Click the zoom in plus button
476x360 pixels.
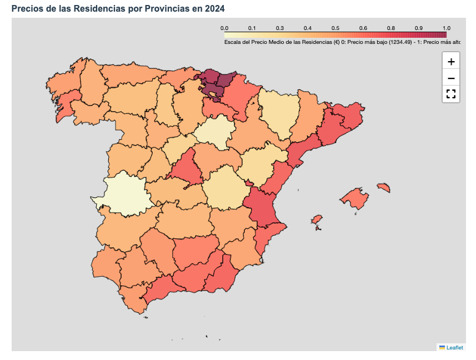451,61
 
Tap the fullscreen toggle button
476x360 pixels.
451,94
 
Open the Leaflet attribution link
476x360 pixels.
454,347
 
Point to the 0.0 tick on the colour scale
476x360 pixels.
224,28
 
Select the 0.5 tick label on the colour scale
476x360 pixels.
335,28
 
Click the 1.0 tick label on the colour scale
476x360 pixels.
446,28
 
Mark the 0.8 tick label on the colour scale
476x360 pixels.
391,28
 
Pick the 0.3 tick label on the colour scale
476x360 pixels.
280,28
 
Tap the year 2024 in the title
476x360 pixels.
214,9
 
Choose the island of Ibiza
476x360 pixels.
317,220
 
